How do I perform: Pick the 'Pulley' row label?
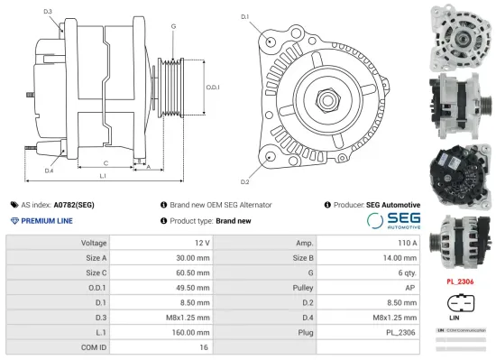304,287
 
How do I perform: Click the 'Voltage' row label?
94,244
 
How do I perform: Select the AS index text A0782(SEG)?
73,205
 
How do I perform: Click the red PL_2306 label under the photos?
459,282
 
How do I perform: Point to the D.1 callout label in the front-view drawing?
244,17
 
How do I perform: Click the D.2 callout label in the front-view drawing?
244,156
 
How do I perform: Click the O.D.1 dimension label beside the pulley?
213,87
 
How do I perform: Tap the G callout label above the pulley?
173,26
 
